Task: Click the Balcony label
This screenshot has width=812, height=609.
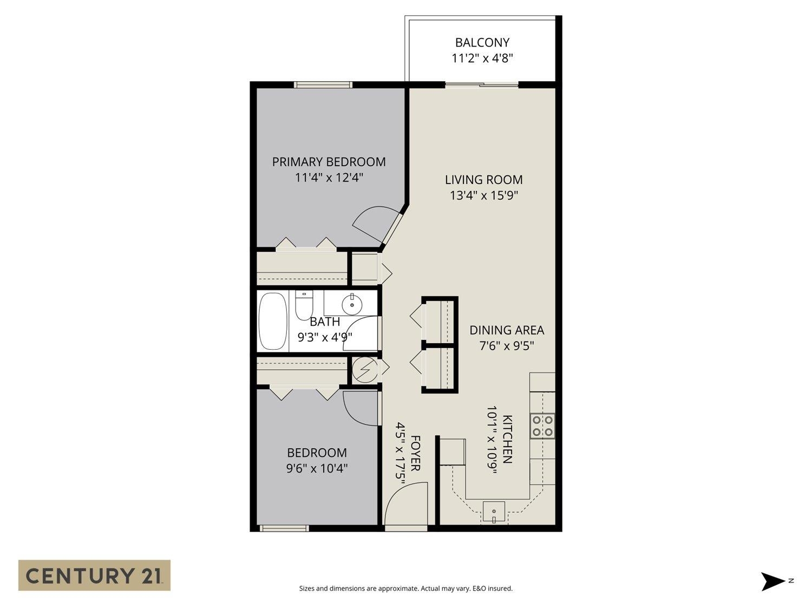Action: pyautogui.click(x=482, y=42)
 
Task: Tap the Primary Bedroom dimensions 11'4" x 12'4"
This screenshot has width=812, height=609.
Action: pyautogui.click(x=329, y=177)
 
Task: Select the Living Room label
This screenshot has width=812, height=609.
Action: pyautogui.click(x=483, y=180)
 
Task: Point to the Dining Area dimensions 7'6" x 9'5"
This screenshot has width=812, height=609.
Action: pyautogui.click(x=507, y=346)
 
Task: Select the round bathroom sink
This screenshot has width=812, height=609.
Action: pyautogui.click(x=352, y=302)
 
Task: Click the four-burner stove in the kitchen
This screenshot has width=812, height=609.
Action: pyautogui.click(x=542, y=425)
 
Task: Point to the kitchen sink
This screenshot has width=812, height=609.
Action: pyautogui.click(x=494, y=511)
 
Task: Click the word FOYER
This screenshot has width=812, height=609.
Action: pyautogui.click(x=415, y=453)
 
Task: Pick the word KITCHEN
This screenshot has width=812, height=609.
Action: pyautogui.click(x=507, y=439)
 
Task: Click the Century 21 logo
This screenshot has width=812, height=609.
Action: pyautogui.click(x=94, y=575)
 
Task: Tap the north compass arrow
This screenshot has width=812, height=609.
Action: pyautogui.click(x=773, y=581)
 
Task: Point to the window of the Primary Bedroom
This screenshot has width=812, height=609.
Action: pyautogui.click(x=323, y=84)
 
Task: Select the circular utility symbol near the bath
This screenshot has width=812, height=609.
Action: pyautogui.click(x=363, y=369)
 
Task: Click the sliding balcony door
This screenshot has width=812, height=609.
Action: pyautogui.click(x=482, y=84)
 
